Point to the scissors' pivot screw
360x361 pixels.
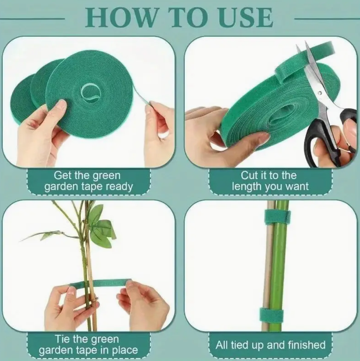click(x=320, y=93)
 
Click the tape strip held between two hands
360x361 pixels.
click(x=101, y=283)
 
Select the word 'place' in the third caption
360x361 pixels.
click(x=125, y=351)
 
